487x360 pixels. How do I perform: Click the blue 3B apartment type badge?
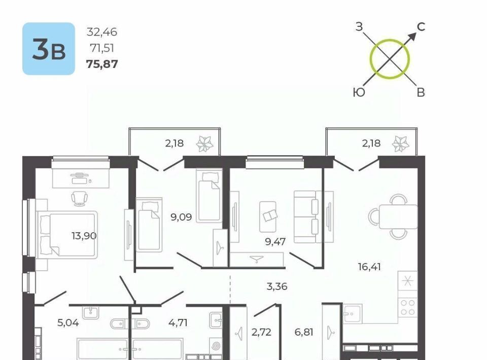tap(49, 49)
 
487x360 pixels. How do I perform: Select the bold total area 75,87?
tap(102, 64)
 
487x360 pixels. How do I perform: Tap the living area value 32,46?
tap(102, 32)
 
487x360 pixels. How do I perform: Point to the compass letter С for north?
tap(421, 27)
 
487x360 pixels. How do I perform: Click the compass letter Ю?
tap(359, 92)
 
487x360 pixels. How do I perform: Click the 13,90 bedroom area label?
tap(84, 236)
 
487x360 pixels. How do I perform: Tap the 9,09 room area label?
tap(181, 217)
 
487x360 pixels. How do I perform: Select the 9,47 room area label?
tap(275, 241)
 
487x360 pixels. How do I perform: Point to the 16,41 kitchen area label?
tap(369, 267)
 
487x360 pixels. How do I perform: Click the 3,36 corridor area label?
tap(277, 286)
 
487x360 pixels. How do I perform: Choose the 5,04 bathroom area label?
tap(68, 323)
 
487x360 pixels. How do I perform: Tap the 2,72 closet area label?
tap(262, 332)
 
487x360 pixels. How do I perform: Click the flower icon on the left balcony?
tap(205, 144)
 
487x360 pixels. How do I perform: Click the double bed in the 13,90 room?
tap(67, 235)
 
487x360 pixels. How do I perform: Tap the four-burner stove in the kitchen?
tap(407, 308)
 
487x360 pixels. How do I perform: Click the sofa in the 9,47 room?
tap(306, 217)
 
